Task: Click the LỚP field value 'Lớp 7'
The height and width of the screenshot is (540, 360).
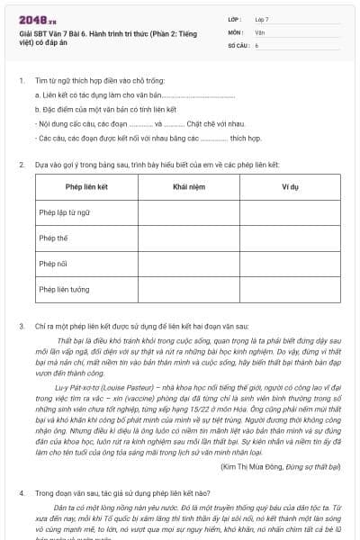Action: (x=262, y=19)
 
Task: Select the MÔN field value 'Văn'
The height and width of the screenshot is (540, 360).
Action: (x=259, y=31)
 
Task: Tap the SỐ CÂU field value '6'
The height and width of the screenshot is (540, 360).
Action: (x=256, y=44)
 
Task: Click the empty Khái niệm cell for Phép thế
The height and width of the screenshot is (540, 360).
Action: (x=188, y=238)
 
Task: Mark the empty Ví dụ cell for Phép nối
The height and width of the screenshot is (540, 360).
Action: (x=290, y=265)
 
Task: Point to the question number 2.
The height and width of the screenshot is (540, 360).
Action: (x=22, y=166)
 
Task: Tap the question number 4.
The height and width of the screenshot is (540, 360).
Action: (x=22, y=493)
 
